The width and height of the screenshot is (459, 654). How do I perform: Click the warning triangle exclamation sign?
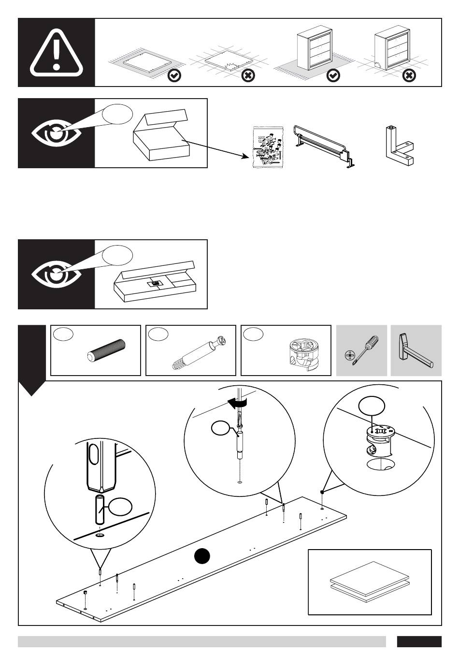coord(57,53)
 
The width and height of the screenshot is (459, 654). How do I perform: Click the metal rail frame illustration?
coord(325,145)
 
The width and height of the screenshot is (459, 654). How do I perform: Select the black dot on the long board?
coord(202,556)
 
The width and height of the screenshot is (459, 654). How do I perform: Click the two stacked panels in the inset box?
coord(369,582)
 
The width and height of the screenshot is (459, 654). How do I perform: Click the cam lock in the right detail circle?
coord(380,440)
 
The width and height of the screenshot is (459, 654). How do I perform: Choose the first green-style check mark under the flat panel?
coord(174,76)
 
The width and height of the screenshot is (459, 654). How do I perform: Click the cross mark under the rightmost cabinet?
coord(409,76)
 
